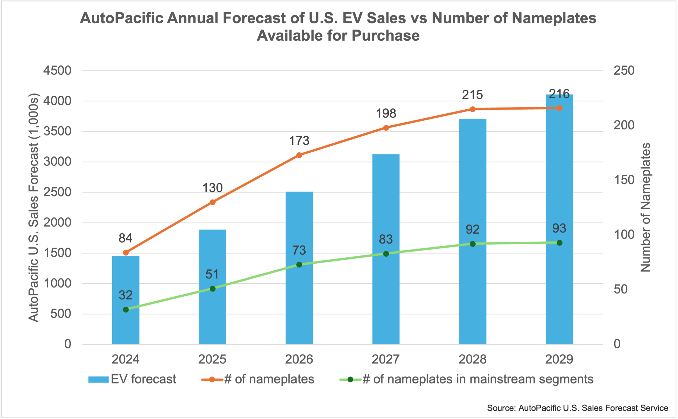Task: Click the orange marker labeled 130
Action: (213, 202)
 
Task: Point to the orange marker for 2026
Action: (299, 155)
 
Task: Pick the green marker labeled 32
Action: (126, 309)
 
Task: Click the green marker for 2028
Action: (473, 244)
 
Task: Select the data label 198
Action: (386, 114)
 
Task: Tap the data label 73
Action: (299, 251)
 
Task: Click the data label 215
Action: (472, 95)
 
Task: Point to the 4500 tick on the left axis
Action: (57, 71)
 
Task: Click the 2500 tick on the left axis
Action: (57, 192)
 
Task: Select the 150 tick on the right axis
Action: (624, 180)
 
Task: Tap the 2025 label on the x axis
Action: (212, 359)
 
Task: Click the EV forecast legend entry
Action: (132, 379)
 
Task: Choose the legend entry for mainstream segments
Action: (466, 379)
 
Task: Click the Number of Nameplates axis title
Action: (645, 207)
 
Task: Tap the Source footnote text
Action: (577, 408)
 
